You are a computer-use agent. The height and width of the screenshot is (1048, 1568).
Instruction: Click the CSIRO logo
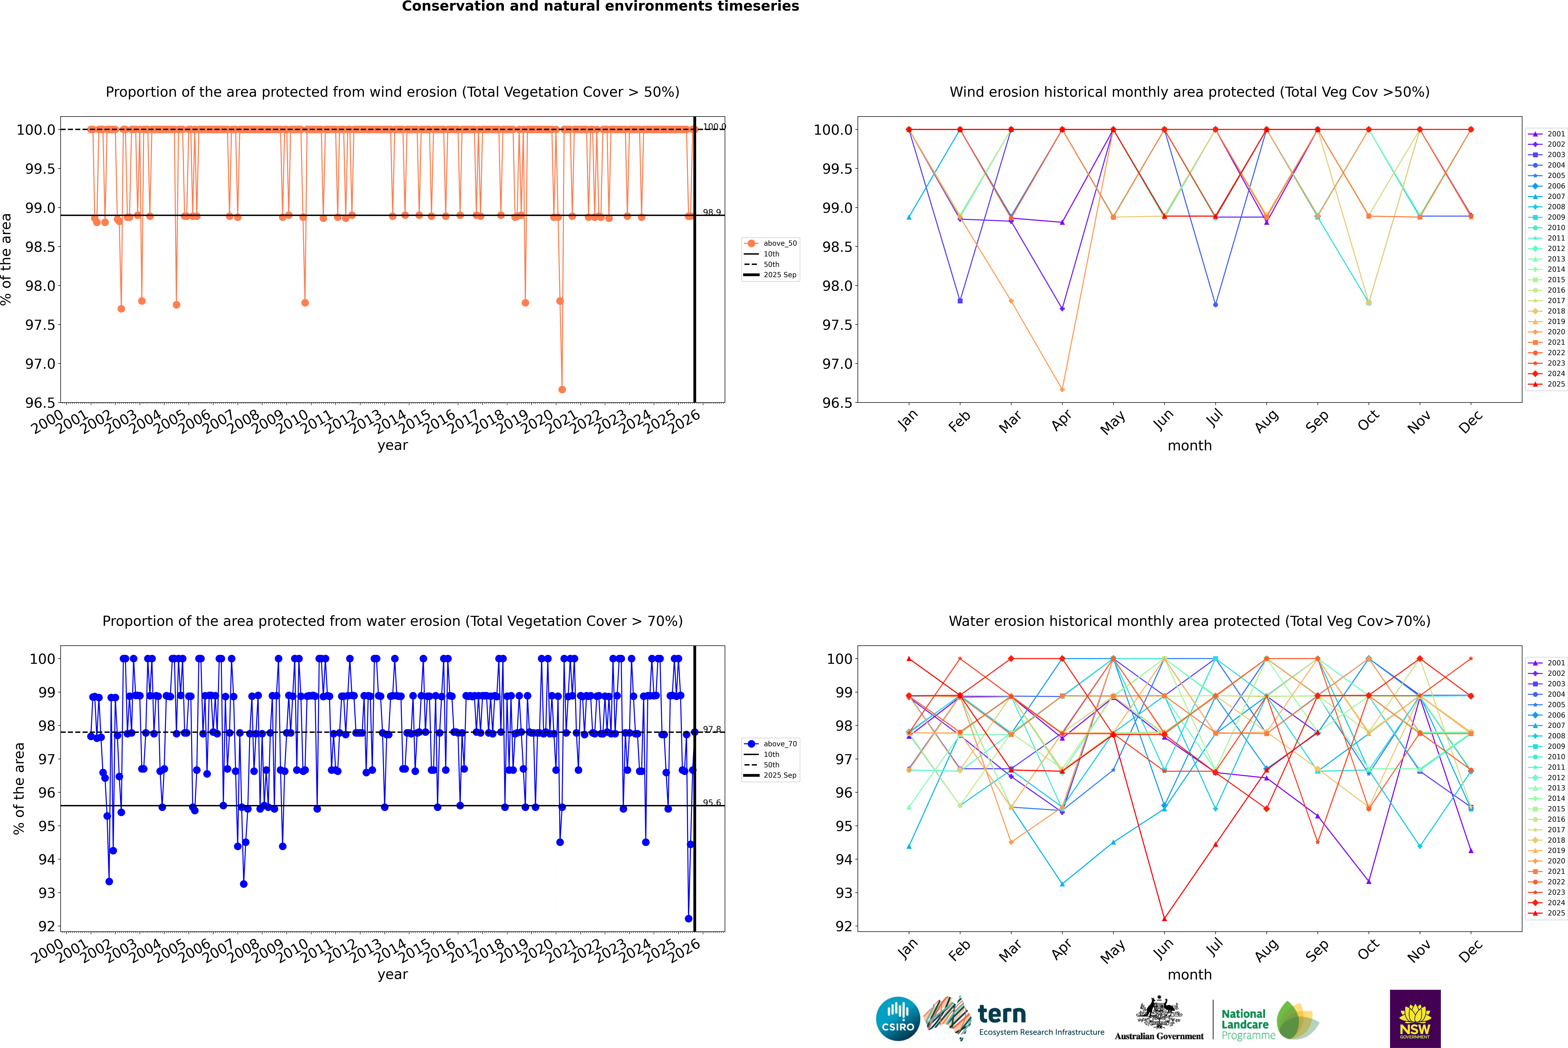pyautogui.click(x=898, y=1019)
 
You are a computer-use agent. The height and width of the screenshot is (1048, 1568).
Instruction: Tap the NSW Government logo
pyautogui.click(x=1415, y=1019)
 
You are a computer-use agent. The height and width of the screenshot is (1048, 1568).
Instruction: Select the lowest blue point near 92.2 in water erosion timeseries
pyautogui.click(x=688, y=918)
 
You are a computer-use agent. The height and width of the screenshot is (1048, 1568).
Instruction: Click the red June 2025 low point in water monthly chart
pyautogui.click(x=1164, y=918)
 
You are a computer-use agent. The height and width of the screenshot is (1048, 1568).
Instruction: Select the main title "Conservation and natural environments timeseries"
pyautogui.click(x=600, y=7)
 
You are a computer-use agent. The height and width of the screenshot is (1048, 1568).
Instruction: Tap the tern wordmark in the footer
pyautogui.click(x=1001, y=1015)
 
